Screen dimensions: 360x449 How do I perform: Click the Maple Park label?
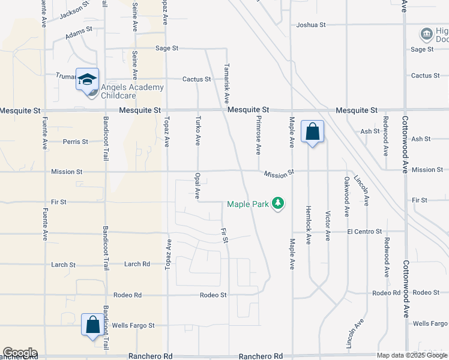coord(247,205)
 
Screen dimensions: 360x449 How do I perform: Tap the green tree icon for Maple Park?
coord(277,204)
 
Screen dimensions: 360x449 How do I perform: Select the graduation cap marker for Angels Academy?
coord(87,79)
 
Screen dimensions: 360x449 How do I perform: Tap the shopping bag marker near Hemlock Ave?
coord(312,131)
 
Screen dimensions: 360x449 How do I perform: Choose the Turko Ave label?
coord(197,131)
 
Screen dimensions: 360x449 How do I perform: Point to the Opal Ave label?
coord(197,186)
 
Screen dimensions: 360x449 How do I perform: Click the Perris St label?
coord(76,142)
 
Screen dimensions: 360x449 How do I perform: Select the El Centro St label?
coord(364,232)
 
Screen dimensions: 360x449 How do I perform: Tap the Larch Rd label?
coord(137,264)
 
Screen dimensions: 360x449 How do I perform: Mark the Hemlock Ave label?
coord(309,224)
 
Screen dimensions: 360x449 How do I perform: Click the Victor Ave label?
coord(328,226)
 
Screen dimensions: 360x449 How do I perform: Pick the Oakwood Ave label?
coord(347,196)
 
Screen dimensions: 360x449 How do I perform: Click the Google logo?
coord(20,353)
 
